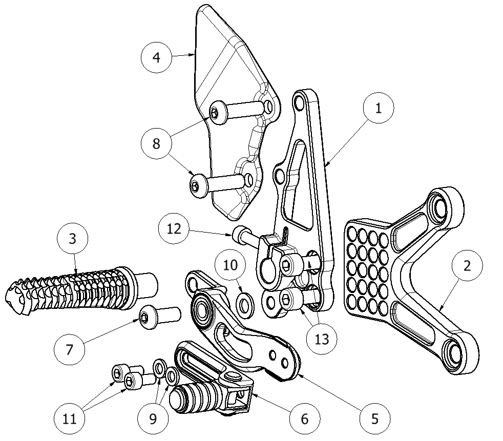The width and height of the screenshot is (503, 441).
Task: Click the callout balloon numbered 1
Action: tap(378, 109)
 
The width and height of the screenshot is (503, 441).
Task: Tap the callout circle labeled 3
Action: tap(72, 239)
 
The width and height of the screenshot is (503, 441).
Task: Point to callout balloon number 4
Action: tap(156, 57)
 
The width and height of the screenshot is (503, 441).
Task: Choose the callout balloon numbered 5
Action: tap(375, 418)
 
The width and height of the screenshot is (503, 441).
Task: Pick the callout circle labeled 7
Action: tap(70, 350)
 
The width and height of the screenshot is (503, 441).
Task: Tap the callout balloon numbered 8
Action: tap(156, 144)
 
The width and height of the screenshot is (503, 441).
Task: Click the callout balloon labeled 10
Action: tap(230, 265)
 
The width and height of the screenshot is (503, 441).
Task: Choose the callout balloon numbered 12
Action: tap(174, 228)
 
